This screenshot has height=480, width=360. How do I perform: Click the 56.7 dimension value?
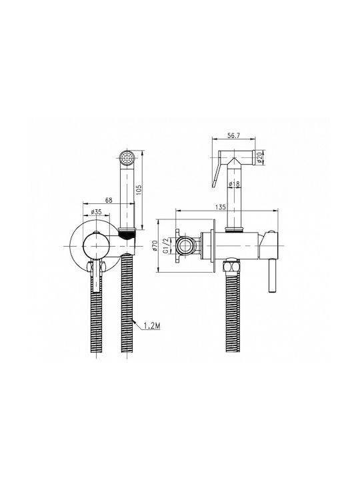click(234, 135)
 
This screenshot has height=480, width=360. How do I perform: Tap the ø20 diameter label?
click(260, 157)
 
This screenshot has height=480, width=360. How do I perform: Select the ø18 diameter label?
click(234, 184)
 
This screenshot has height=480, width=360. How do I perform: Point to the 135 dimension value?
click(221, 207)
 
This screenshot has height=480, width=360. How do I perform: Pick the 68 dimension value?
click(109, 200)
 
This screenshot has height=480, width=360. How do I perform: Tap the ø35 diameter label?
click(97, 212)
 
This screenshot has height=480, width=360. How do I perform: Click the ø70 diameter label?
click(155, 246)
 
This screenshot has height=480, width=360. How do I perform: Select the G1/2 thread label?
click(165, 246)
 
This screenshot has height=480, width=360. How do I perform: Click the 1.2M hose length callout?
click(152, 326)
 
